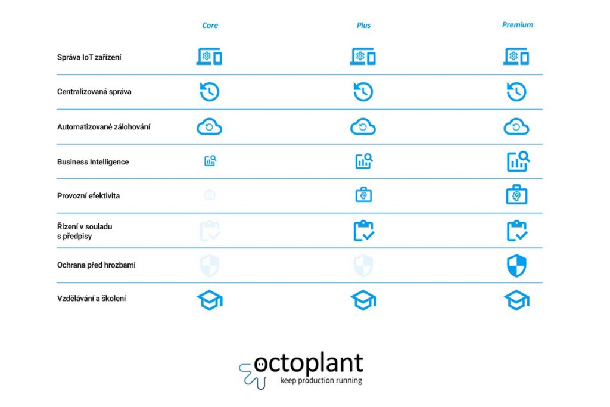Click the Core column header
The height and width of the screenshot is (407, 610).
(210, 25)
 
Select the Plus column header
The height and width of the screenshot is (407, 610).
(363, 25)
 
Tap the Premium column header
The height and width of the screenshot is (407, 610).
(518, 25)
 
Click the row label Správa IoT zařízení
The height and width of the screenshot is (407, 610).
(89, 57)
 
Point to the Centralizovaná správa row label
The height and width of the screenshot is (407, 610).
(94, 92)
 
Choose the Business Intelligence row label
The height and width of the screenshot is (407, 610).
(93, 162)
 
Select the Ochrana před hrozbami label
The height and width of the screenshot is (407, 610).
(96, 265)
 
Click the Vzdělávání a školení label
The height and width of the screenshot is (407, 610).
(91, 299)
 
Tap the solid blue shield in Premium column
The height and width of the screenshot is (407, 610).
(516, 266)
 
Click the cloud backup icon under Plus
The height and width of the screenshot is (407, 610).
(363, 126)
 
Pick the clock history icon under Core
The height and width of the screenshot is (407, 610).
(210, 92)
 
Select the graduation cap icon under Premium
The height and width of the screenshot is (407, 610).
(516, 300)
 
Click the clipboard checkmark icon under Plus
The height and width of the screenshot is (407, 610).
(363, 231)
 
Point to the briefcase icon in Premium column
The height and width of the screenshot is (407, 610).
(516, 194)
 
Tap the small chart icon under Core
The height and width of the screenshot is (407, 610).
(210, 161)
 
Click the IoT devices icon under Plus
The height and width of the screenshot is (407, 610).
(363, 57)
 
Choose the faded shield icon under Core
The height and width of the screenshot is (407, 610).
(210, 266)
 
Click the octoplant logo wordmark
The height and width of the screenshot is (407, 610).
(308, 364)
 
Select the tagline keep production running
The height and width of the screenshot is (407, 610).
(321, 380)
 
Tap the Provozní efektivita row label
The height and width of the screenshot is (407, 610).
(88, 196)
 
